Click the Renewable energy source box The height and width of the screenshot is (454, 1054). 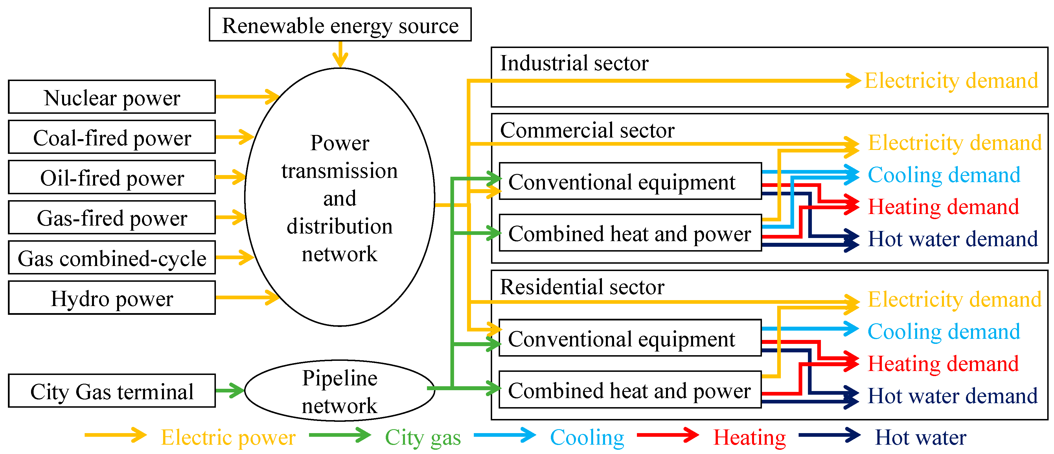tap(340, 25)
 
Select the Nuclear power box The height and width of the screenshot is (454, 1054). tap(112, 97)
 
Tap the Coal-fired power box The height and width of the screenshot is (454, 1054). tap(112, 137)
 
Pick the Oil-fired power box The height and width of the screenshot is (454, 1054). tap(112, 177)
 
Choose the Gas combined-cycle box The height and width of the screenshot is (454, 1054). tap(112, 257)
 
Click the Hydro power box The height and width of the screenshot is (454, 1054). tap(112, 298)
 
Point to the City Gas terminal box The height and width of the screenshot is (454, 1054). tap(112, 391)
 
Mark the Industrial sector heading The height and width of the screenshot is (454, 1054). tap(574, 64)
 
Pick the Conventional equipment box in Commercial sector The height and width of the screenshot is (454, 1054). tap(630, 181)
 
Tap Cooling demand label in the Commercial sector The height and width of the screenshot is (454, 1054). tap(944, 175)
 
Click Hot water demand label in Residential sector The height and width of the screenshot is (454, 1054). tap(952, 396)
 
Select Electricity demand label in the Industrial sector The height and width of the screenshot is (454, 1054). tap(951, 81)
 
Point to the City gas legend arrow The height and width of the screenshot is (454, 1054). tap(339, 435)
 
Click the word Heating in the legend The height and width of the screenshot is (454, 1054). tap(750, 437)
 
